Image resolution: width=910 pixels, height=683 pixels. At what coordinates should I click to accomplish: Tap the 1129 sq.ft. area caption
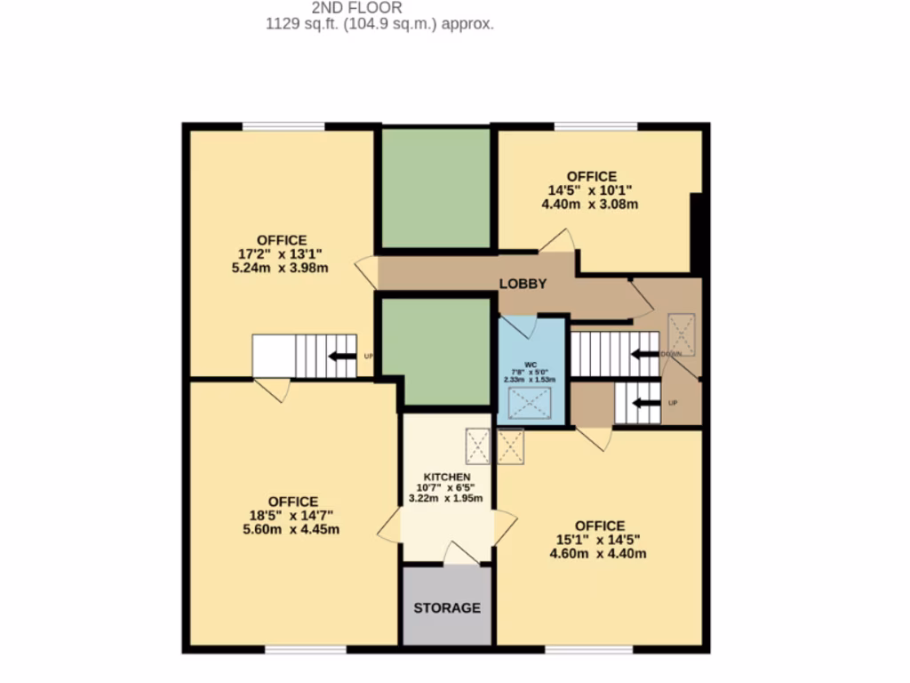[x=380, y=25]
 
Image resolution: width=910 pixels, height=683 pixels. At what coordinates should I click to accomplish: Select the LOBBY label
[x=522, y=284]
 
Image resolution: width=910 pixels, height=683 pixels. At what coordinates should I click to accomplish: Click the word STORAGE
[x=447, y=608]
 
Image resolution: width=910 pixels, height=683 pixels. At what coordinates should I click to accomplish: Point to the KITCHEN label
[x=446, y=478]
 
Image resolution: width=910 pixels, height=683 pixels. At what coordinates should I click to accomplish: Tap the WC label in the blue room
[x=531, y=364]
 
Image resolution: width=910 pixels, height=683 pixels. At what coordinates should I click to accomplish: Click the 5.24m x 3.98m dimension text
[x=282, y=268]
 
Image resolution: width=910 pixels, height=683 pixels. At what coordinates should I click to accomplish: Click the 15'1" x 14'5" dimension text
[x=599, y=539]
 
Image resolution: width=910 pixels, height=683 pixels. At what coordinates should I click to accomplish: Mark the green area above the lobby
[x=435, y=188]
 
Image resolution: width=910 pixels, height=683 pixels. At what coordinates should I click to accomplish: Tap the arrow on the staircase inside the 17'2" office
[x=341, y=357]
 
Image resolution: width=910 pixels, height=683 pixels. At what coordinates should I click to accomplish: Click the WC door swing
[x=522, y=326]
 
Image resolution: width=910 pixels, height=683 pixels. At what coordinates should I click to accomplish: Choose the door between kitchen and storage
[x=460, y=554]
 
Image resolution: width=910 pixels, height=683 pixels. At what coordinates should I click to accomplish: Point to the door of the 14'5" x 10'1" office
[x=557, y=241]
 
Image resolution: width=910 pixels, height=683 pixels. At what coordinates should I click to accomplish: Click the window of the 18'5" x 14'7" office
[x=305, y=650]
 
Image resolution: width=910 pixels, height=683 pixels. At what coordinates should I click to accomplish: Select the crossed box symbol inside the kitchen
[x=477, y=446]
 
